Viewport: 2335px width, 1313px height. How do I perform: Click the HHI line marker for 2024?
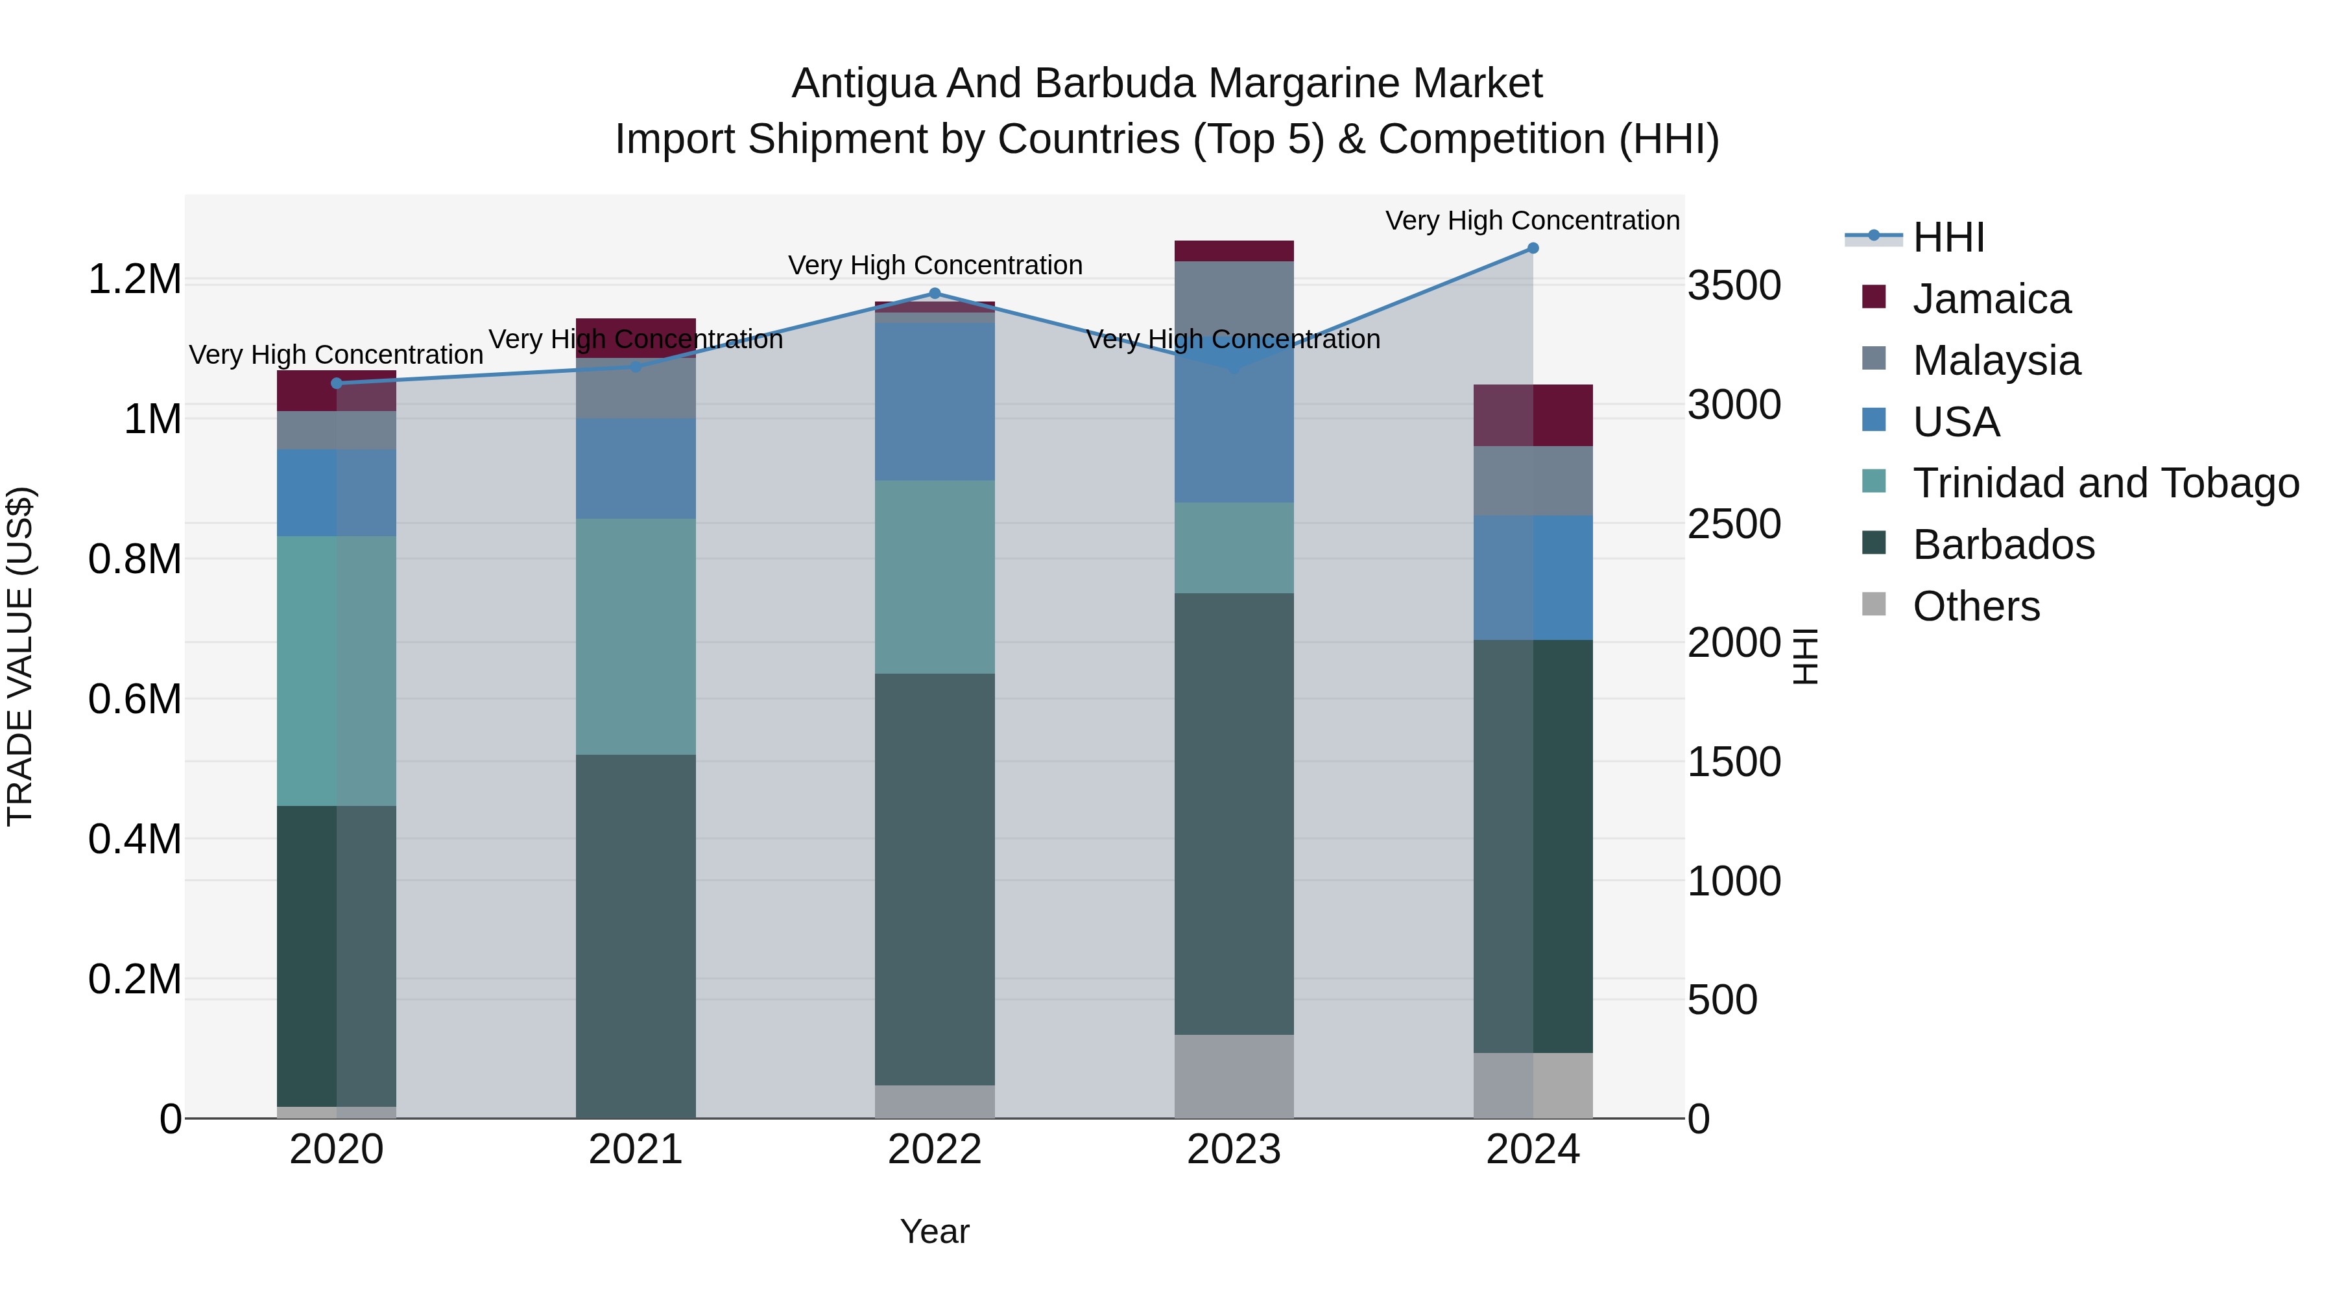point(1533,248)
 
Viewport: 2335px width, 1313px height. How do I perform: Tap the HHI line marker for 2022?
point(935,294)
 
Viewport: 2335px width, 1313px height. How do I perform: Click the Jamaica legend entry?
point(1991,299)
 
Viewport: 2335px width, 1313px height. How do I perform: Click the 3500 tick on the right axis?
point(1734,285)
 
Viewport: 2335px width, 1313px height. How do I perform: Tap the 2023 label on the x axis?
point(1234,1150)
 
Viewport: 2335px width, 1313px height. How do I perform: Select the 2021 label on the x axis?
point(636,1150)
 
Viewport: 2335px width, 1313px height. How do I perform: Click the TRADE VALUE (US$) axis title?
point(20,656)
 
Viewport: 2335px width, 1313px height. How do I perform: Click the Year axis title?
point(935,1231)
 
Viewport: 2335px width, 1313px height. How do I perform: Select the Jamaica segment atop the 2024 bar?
point(1533,415)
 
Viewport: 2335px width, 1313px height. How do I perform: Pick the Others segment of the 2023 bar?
point(1234,1076)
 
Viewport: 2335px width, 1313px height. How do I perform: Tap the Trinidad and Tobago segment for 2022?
point(935,576)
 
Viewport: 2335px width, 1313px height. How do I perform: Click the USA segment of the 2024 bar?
point(1533,577)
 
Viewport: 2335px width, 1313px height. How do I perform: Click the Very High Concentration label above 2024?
point(1532,220)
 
